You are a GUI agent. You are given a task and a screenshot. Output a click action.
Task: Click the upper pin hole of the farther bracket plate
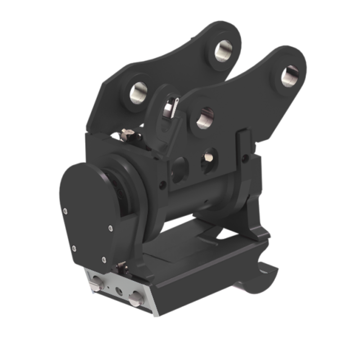point(223,51)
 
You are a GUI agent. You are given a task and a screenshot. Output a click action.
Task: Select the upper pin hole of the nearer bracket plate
point(290,76)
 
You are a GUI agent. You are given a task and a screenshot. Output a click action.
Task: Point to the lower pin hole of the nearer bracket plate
point(205,118)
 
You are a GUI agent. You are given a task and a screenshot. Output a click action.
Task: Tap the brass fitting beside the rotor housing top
point(127,134)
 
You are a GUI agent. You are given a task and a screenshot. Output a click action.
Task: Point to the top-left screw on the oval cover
point(66,210)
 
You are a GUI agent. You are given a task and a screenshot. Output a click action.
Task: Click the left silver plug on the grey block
point(95,284)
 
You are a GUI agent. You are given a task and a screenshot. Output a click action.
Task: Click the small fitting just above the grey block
point(121,268)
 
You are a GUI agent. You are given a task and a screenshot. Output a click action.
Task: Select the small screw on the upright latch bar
point(245,158)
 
